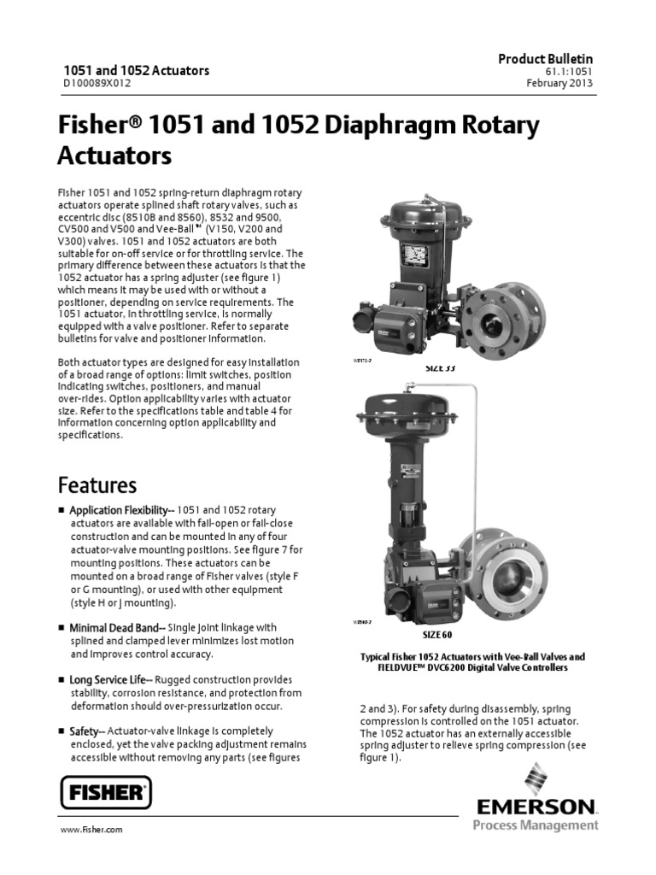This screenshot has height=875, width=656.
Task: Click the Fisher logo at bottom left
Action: click(106, 792)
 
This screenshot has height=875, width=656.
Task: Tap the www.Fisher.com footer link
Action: click(91, 830)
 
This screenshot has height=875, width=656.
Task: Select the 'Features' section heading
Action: click(97, 486)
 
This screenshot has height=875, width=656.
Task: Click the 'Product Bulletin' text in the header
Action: click(546, 58)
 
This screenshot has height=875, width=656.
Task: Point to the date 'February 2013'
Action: click(559, 84)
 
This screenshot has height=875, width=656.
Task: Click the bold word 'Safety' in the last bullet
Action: click(84, 731)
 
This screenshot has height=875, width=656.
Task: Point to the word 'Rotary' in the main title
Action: click(501, 126)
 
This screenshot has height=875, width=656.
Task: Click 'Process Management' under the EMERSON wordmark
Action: click(536, 825)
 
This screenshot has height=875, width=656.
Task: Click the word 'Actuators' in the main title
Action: click(114, 156)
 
